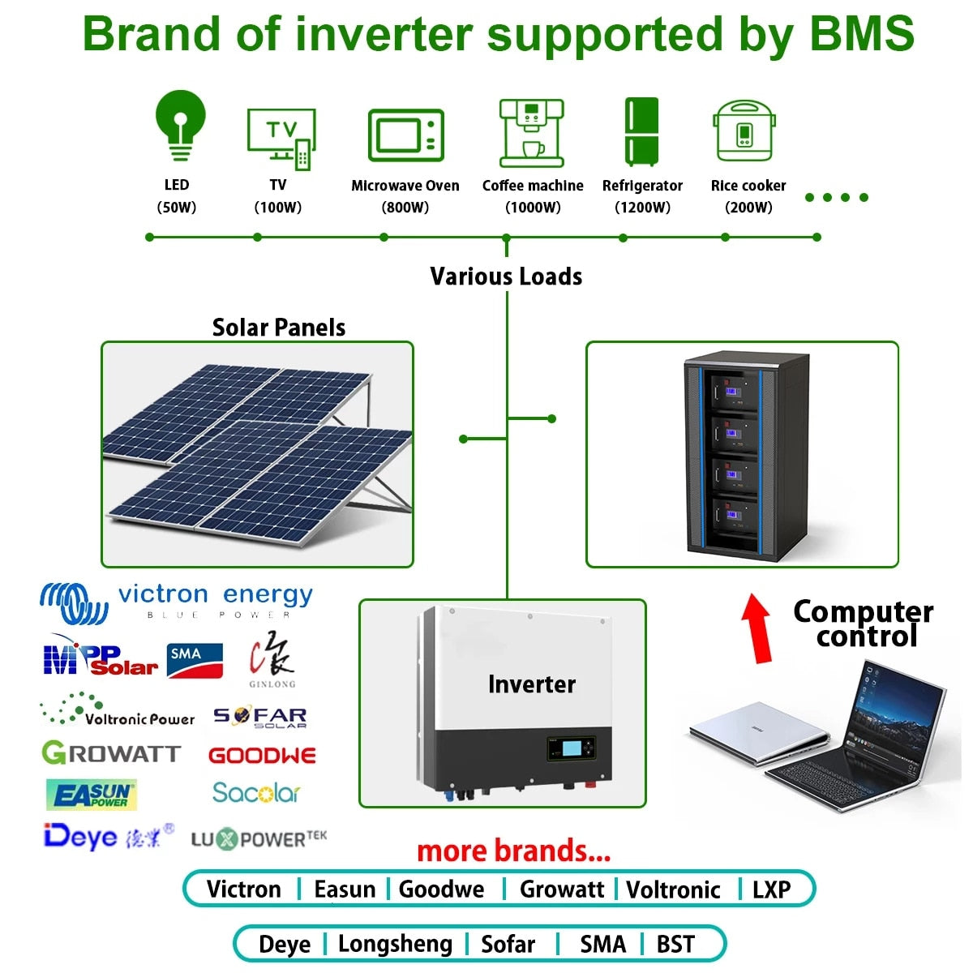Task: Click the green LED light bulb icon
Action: [180, 125]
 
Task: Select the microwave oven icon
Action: [406, 135]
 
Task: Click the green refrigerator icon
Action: [641, 131]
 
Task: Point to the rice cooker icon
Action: [744, 131]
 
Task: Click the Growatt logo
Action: [110, 753]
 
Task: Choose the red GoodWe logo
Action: [262, 756]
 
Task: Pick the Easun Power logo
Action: [91, 795]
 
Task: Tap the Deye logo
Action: [81, 835]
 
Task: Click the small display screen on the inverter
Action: [573, 746]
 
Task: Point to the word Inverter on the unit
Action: [531, 684]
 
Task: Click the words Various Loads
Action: [506, 276]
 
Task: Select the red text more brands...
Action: [513, 851]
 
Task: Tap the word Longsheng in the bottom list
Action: [395, 944]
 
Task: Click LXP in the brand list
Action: [770, 889]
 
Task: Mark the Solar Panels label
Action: [278, 328]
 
